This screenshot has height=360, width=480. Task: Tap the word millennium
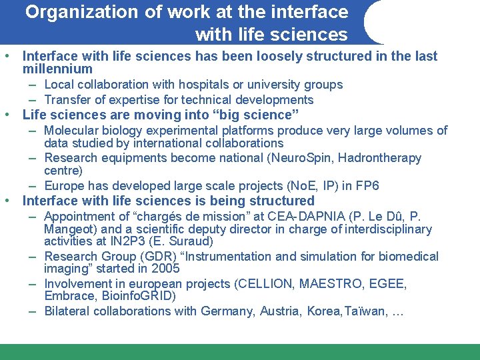[57, 69]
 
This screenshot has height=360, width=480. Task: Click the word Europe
[64, 186]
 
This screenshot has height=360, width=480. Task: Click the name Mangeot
[69, 229]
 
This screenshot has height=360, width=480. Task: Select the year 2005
[165, 269]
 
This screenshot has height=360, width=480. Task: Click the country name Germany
[223, 311]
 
